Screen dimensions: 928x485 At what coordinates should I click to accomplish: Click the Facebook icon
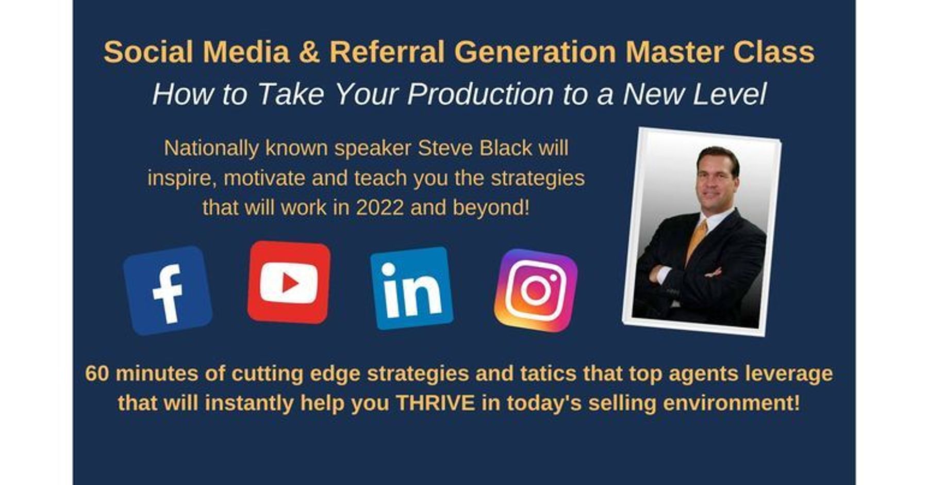168,290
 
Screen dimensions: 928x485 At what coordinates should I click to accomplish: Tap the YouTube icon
289,282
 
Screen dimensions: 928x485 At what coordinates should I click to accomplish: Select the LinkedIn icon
411,288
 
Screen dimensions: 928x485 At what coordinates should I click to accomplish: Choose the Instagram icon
536,290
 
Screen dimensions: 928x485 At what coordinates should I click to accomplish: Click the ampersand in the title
309,52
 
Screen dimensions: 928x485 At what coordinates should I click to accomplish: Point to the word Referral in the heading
387,52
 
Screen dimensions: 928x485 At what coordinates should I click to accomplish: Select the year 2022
379,208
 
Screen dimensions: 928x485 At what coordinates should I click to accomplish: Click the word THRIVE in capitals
435,403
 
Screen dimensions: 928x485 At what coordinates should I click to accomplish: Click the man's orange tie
697,239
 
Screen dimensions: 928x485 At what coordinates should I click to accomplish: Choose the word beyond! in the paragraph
491,208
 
